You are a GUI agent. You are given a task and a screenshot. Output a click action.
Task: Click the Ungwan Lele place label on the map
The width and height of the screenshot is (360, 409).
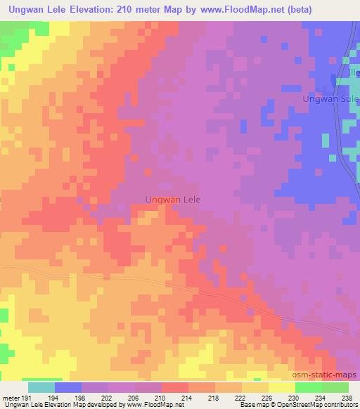(172, 200)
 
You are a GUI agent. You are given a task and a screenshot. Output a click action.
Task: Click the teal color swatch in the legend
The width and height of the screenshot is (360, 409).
(41, 387)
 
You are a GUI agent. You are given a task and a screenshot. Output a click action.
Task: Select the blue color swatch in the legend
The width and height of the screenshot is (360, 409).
(68, 387)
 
